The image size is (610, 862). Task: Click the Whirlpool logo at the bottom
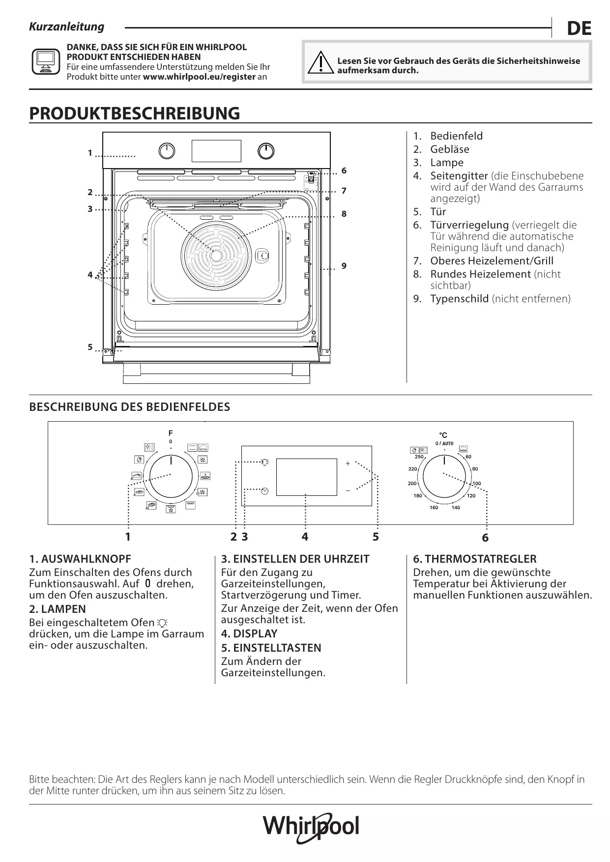click(x=311, y=827)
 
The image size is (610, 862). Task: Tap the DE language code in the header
click(x=579, y=29)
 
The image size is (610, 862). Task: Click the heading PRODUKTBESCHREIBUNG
click(x=135, y=113)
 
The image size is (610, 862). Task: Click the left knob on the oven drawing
click(x=167, y=151)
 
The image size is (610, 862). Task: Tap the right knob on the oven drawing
click(x=266, y=151)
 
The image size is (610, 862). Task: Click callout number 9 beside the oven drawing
click(x=344, y=266)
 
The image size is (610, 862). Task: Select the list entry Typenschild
click(x=459, y=299)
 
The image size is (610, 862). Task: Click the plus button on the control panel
click(x=348, y=463)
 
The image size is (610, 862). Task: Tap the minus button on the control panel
click(x=348, y=490)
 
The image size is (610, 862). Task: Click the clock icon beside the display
click(x=265, y=491)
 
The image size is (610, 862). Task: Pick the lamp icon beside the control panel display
click(x=265, y=462)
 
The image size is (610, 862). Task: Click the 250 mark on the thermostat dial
click(x=419, y=457)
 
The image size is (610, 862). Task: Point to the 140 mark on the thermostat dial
click(x=456, y=508)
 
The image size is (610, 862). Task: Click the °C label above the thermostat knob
click(x=443, y=435)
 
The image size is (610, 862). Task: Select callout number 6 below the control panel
click(x=485, y=538)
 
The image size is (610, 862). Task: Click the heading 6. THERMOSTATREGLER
click(x=474, y=559)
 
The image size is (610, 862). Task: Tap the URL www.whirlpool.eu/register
click(x=199, y=77)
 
